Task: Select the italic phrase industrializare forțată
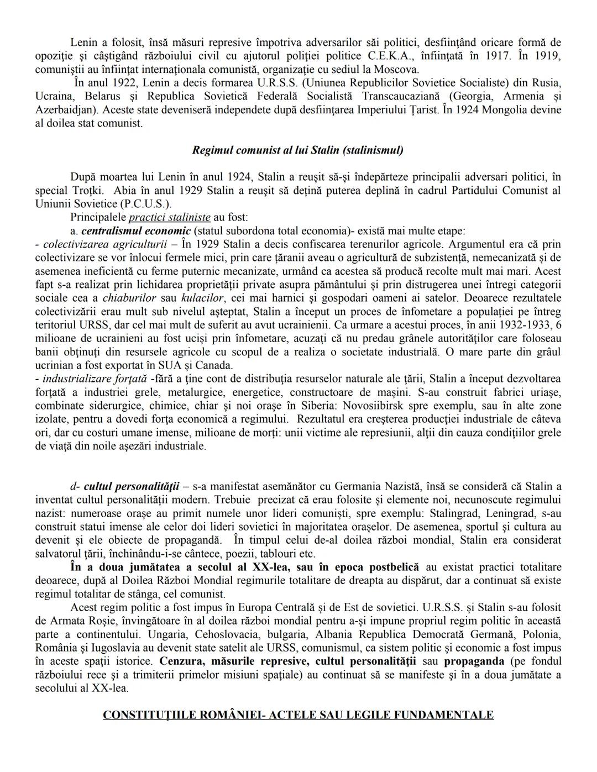coord(95,379)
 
